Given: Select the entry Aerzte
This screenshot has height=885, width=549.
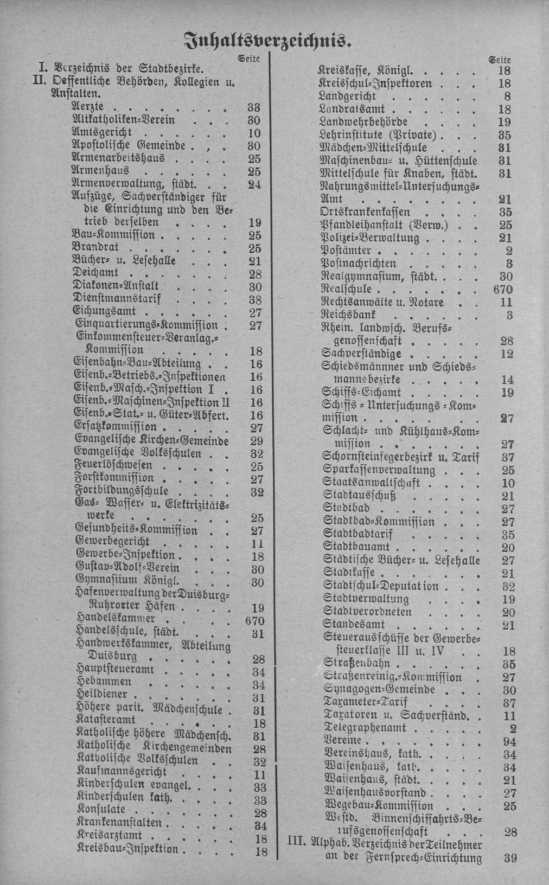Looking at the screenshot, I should (x=88, y=107).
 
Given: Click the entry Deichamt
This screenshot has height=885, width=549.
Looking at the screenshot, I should (x=95, y=273).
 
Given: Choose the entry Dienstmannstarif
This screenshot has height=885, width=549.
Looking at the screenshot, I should (x=117, y=299).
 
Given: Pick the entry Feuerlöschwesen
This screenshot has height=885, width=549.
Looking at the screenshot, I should (x=114, y=466).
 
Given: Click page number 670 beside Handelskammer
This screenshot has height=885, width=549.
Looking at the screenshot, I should (x=254, y=621).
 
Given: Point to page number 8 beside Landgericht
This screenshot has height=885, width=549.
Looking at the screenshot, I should (x=507, y=97).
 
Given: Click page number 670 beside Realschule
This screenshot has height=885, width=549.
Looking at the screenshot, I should (x=503, y=289).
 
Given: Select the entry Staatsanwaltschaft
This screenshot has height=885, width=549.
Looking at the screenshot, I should (x=371, y=483).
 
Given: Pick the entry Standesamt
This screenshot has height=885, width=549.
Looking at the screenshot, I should (x=354, y=625).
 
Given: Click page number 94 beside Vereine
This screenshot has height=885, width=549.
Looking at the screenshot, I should (x=509, y=741).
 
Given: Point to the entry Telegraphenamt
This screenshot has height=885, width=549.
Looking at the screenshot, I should (x=365, y=728).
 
